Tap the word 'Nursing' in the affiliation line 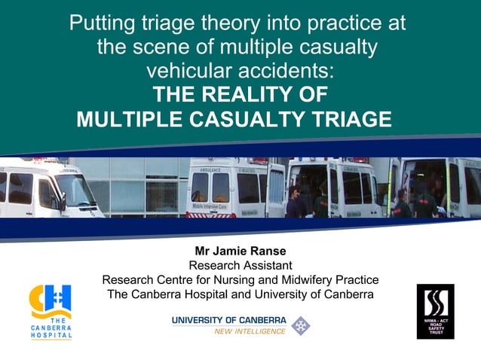[x=239, y=279]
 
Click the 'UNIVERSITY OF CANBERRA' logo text [x=229, y=320]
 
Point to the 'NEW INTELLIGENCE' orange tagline [x=250, y=331]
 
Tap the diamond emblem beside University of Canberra [x=300, y=325]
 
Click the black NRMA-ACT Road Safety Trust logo [x=435, y=311]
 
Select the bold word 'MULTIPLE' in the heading [x=126, y=120]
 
